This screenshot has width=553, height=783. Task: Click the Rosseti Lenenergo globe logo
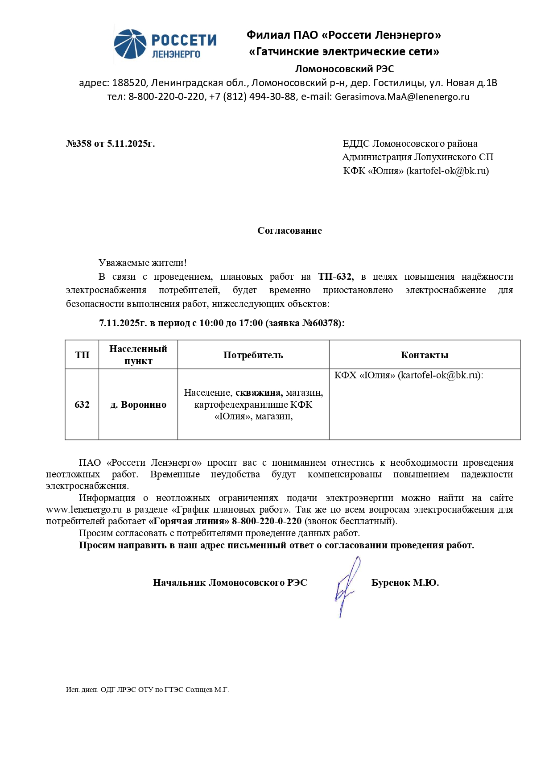(130, 44)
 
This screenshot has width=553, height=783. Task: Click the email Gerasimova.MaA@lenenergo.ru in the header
(402, 97)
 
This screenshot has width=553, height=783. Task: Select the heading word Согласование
(289, 231)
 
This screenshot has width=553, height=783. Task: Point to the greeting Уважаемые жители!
(143, 263)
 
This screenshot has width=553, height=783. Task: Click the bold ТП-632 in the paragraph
(335, 277)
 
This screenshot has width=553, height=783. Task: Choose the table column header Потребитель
(253, 355)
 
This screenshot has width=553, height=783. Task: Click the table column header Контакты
(424, 355)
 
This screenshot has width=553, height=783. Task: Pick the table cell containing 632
(82, 405)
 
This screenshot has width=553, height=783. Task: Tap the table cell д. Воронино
(138, 405)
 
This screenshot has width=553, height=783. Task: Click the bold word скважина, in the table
(259, 393)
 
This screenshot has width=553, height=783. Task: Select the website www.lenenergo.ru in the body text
(84, 510)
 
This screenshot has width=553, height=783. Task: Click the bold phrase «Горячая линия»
(189, 521)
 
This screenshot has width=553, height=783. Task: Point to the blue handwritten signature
(346, 587)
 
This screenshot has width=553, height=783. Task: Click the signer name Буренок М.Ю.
(405, 583)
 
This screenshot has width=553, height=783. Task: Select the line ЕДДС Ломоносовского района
(410, 144)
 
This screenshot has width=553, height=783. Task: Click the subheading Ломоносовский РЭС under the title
(344, 69)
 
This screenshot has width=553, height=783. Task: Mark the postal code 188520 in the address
(129, 83)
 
